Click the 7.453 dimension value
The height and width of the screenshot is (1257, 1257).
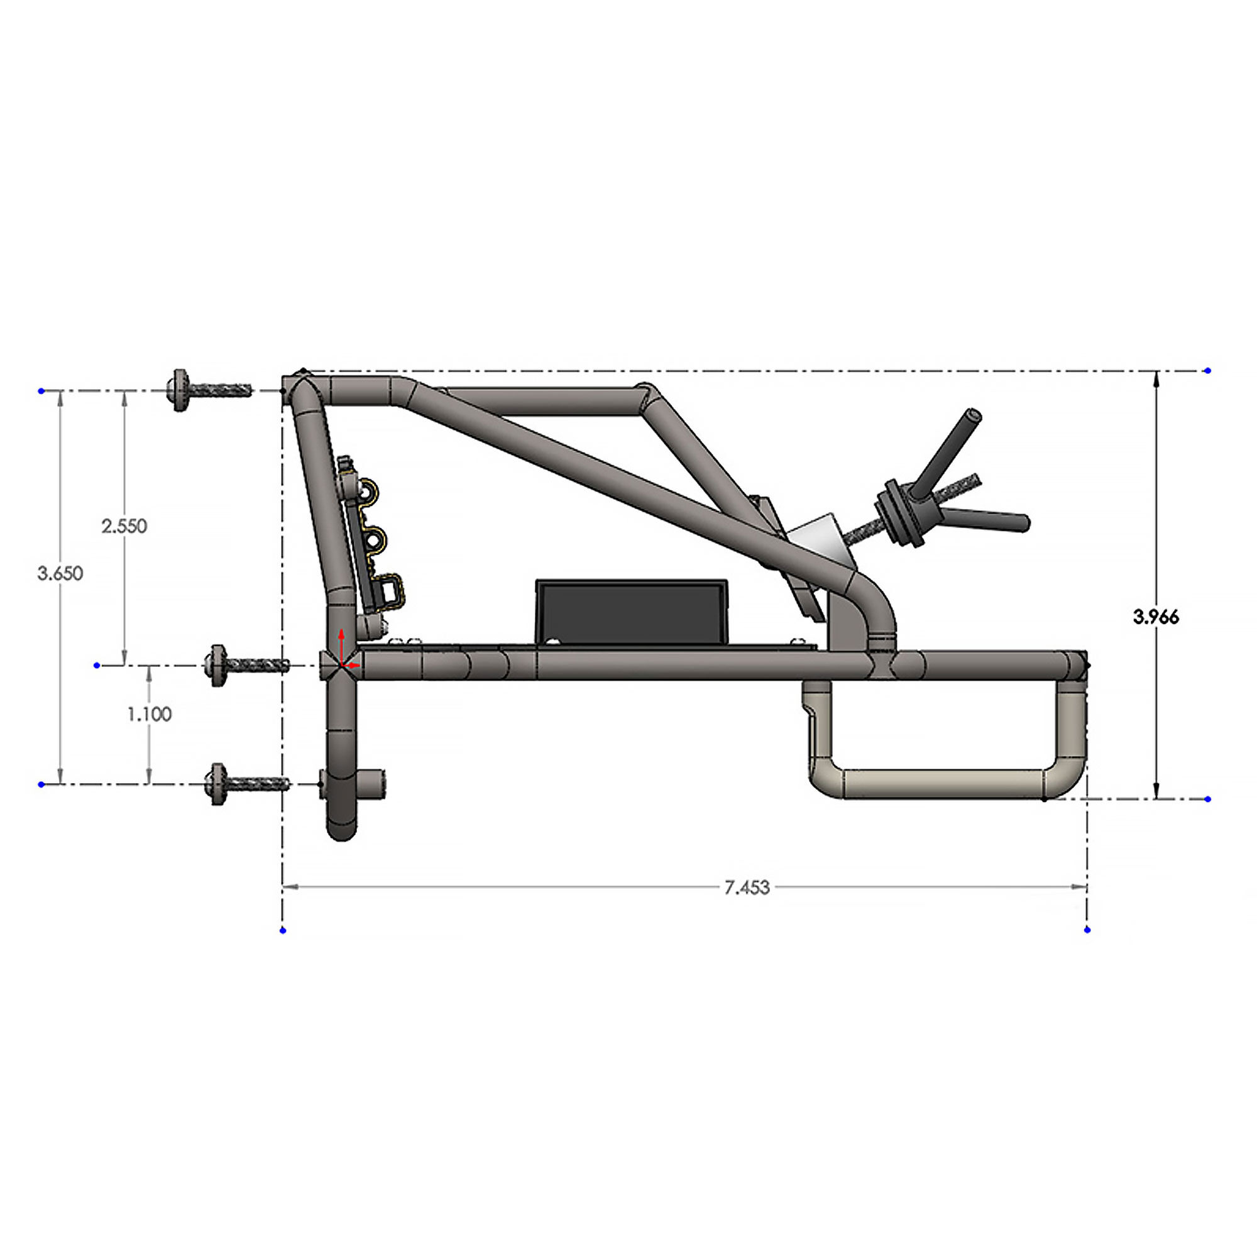pos(747,887)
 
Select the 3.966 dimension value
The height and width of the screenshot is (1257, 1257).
pos(1156,617)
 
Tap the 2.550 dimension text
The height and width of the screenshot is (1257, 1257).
pos(124,525)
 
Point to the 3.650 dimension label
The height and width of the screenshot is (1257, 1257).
pos(60,573)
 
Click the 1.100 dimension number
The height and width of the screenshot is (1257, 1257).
pos(149,714)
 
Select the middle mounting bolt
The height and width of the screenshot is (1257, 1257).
pos(247,665)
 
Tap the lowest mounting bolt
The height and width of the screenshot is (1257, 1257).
pos(247,784)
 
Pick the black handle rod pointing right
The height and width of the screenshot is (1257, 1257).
pos(989,519)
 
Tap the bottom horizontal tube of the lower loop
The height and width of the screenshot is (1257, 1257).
pos(943,783)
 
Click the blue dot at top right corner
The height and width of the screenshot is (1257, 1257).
pos(1207,370)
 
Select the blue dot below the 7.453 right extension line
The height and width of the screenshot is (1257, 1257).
pos(1087,930)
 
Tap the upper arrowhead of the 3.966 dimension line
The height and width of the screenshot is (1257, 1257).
pos(1156,378)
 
